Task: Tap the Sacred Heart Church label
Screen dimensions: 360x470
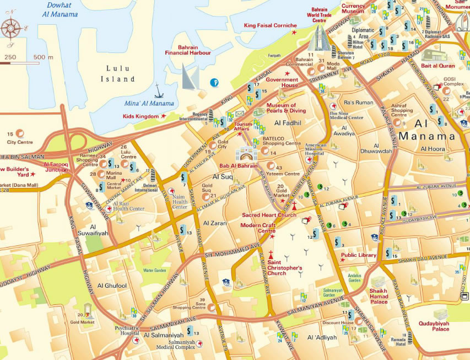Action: (x=269, y=215)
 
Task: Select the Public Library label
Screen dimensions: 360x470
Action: (x=358, y=255)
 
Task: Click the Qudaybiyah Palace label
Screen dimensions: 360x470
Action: (x=434, y=326)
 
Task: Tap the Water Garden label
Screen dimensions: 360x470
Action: (x=154, y=271)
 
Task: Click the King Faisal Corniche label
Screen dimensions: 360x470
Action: (x=271, y=25)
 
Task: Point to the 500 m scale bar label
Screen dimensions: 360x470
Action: (x=43, y=57)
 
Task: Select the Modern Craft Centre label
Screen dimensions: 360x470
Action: (x=258, y=228)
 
